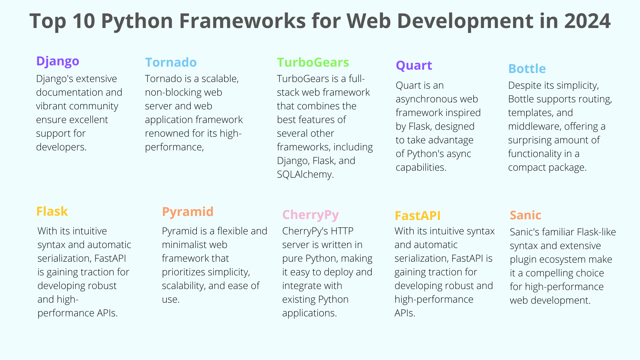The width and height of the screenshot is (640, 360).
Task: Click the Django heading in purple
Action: (x=58, y=62)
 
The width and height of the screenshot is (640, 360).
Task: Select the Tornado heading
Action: (x=171, y=62)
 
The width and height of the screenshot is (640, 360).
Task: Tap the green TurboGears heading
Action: (x=313, y=62)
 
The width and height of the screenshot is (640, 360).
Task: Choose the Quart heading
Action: (x=414, y=66)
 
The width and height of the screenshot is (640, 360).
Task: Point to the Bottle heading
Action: (x=527, y=69)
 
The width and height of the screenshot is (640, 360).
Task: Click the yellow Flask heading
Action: (x=52, y=211)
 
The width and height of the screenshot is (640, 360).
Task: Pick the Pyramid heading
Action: (x=188, y=212)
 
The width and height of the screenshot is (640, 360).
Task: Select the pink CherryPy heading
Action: (x=310, y=215)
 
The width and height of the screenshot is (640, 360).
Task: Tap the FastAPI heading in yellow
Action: (x=417, y=216)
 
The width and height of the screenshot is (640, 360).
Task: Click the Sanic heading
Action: (x=525, y=215)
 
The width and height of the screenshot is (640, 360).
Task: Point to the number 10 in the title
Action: (x=84, y=21)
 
